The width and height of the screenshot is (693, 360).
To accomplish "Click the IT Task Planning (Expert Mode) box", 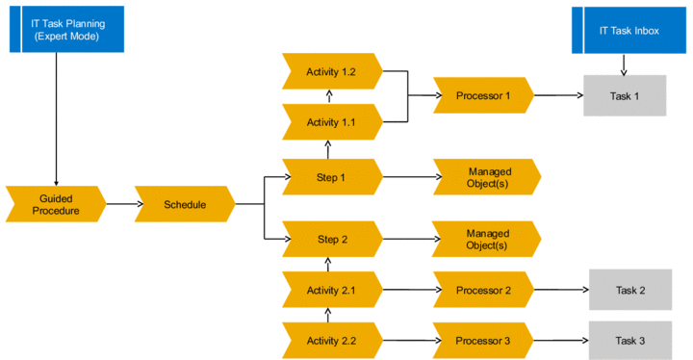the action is point(66,29).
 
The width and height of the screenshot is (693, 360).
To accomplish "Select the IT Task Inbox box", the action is point(629,31).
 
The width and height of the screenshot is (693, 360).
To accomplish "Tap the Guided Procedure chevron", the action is point(56,204).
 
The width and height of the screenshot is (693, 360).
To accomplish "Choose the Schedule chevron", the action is point(185,204).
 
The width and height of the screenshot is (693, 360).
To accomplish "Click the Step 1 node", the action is point(332,177).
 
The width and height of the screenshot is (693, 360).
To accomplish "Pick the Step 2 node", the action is point(332,239).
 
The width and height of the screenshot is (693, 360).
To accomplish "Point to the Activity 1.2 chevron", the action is point(332,71).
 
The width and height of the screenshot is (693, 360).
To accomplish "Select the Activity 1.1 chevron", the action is point(332,121).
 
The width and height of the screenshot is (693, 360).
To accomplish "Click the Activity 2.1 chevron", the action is point(332,290).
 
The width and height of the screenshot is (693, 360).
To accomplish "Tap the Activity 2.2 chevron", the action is point(332,340).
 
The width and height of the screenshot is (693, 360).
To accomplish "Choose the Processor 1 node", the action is point(483,95).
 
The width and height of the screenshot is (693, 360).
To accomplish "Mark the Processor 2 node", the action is point(483,290).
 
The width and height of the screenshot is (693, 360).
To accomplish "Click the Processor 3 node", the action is point(483,340).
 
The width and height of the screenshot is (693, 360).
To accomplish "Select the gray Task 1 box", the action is point(625,95).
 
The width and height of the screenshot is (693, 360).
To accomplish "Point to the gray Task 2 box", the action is point(630,290).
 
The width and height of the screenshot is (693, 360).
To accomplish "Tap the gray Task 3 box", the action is point(630,341).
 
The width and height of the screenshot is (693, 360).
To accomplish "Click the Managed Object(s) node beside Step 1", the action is point(487,177).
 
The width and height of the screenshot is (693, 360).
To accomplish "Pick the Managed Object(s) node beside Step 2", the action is point(486,239).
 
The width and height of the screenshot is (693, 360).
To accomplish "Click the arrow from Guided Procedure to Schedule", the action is point(125,204).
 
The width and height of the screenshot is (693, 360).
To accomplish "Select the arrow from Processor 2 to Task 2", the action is point(561,290).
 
